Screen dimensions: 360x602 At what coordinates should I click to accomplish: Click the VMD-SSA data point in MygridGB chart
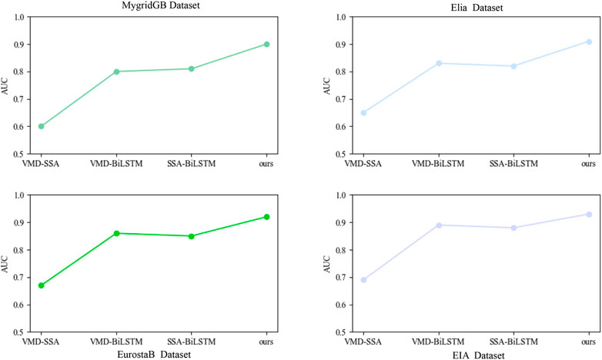tap(41, 126)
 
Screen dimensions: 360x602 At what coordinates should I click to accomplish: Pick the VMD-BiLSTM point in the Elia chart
tap(438, 63)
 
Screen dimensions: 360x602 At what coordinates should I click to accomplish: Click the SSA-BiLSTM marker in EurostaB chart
tap(191, 236)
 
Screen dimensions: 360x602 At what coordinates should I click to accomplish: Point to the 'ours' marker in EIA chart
tap(588, 214)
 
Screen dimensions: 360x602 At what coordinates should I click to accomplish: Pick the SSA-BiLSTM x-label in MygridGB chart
tap(191, 164)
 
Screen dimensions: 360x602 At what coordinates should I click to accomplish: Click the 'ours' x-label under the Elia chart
tap(588, 164)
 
